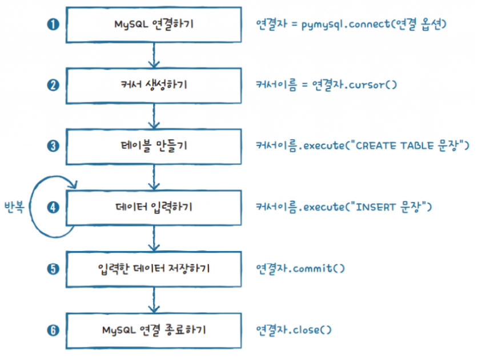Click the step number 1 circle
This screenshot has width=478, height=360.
point(53,24)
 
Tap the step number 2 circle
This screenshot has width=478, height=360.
point(53,85)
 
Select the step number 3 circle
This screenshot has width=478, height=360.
point(53,145)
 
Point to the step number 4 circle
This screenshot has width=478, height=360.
point(53,207)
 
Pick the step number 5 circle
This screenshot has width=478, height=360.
point(53,268)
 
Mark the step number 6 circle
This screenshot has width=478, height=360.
point(53,329)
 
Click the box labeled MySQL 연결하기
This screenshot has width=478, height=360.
point(153,25)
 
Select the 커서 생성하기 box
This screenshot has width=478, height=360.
point(153,86)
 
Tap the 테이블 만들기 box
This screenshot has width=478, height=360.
point(153,146)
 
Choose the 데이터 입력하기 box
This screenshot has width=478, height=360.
point(153,207)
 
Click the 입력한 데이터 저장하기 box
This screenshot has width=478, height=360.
point(153,268)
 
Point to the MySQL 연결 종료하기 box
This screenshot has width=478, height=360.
point(153,329)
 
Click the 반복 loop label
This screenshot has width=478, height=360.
point(14,207)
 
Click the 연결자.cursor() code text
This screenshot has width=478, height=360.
point(326,85)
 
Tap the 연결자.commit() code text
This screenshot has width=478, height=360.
point(300,268)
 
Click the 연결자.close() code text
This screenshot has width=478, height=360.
point(294,329)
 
